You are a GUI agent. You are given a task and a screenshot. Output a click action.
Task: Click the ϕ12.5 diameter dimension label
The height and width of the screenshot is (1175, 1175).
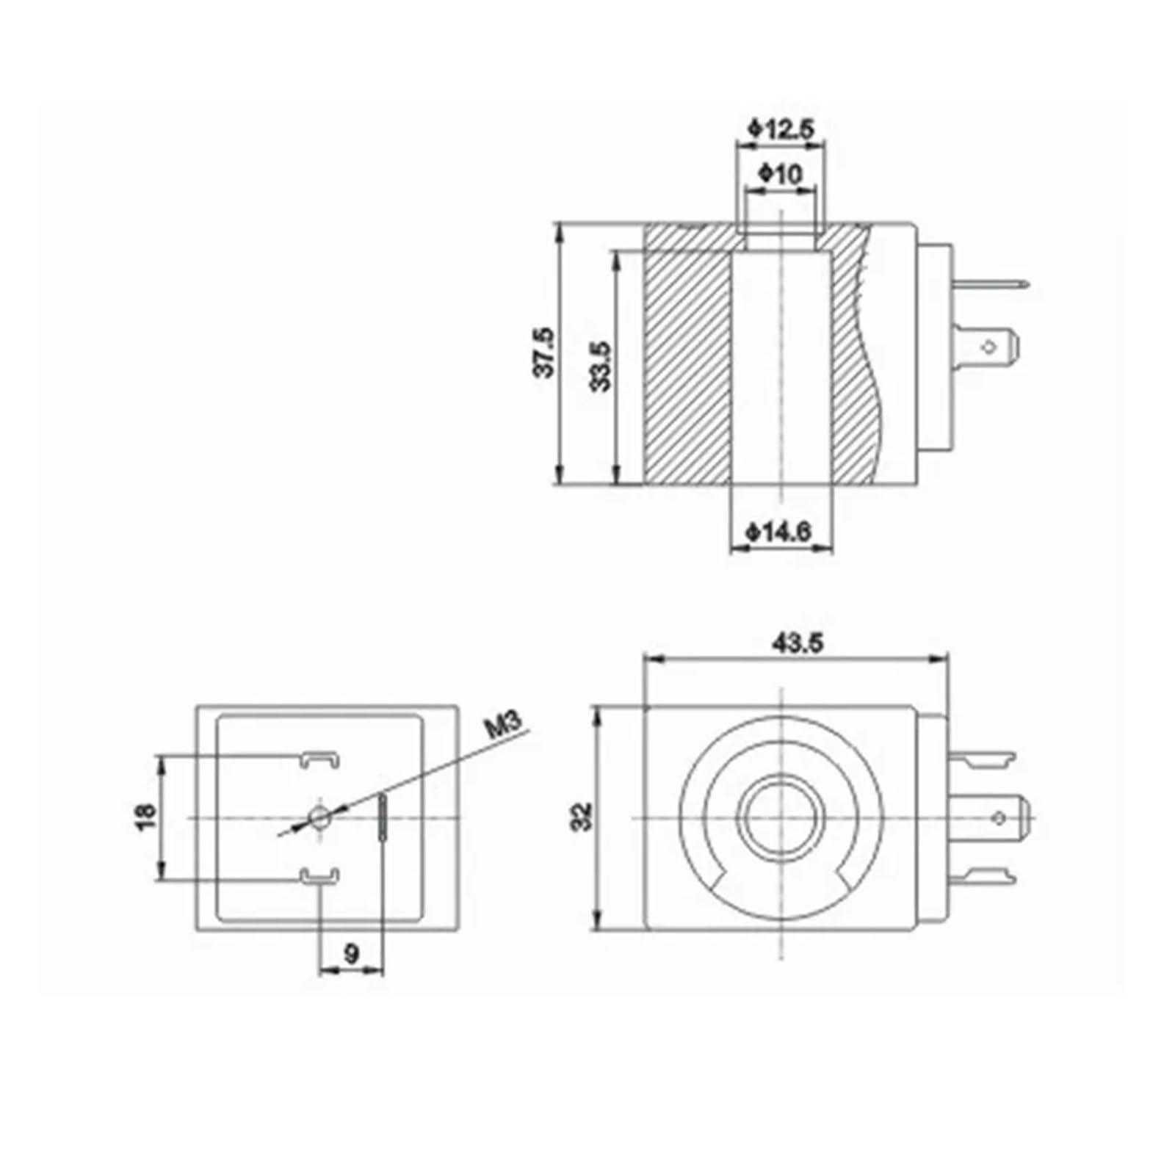coord(781,129)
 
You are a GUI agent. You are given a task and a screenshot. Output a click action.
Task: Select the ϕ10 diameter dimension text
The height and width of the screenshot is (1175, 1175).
coord(781,174)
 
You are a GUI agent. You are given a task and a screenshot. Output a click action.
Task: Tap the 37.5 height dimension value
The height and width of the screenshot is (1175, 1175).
coord(544,352)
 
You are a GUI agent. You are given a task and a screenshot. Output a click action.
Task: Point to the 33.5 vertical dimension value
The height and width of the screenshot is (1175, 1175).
coord(601,366)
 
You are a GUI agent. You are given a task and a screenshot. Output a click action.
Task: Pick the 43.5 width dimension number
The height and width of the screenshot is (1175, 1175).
coord(798,643)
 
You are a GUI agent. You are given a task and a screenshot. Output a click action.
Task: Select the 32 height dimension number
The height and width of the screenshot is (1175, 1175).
coord(582,817)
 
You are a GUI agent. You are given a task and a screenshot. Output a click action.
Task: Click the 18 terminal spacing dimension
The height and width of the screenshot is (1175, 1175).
coord(146,817)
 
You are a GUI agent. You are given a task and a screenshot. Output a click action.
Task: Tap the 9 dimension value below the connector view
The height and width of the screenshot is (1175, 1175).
coord(352,954)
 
